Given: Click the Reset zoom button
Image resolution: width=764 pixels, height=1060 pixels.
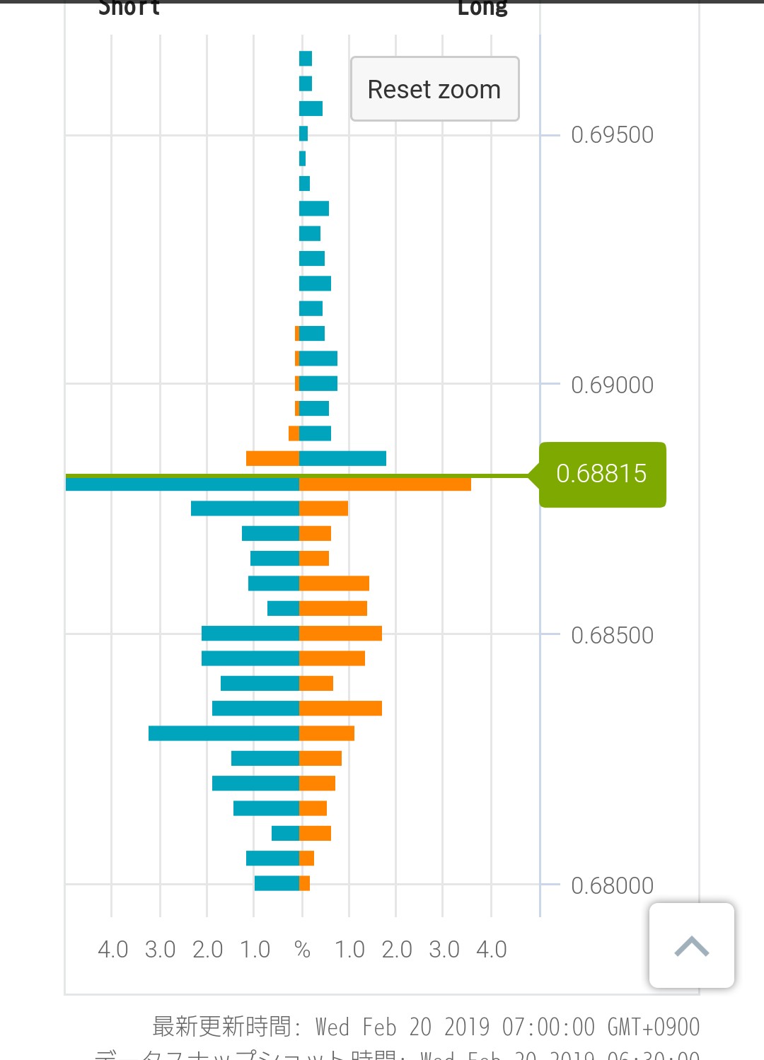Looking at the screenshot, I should tap(434, 89).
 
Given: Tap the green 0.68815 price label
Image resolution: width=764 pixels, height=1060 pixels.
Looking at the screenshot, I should tap(602, 474).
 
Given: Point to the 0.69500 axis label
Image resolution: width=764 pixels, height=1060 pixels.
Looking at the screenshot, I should tap(612, 135).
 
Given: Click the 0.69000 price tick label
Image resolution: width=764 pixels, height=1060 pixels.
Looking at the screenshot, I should tap(612, 385).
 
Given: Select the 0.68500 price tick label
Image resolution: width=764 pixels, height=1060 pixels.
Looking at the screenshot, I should tap(612, 636).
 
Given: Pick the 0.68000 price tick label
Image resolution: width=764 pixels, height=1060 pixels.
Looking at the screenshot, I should tap(612, 885).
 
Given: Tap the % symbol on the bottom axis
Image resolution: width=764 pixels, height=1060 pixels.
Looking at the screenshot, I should tap(302, 950).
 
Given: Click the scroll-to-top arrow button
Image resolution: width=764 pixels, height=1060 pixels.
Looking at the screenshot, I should tap(691, 945).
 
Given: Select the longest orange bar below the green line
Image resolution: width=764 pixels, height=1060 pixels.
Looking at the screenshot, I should tap(385, 484).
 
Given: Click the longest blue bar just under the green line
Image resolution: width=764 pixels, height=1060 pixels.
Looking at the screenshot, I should tap(183, 484).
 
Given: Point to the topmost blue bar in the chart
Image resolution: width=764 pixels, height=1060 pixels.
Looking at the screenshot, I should tap(306, 59).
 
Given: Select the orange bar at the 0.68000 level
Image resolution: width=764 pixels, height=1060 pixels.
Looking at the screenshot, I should tap(305, 883).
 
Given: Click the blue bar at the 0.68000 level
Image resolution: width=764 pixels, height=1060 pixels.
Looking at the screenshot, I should tap(277, 883).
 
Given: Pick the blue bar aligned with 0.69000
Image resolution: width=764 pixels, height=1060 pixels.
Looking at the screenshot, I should tap(318, 383).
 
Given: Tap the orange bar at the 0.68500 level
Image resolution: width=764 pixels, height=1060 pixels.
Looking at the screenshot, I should tap(340, 634).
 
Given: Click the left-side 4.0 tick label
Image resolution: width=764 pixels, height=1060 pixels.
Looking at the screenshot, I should tap(112, 950).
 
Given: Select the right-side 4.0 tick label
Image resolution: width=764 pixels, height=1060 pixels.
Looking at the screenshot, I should tap(491, 950).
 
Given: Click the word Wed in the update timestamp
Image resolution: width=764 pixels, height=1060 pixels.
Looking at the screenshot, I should tap(332, 1027).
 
